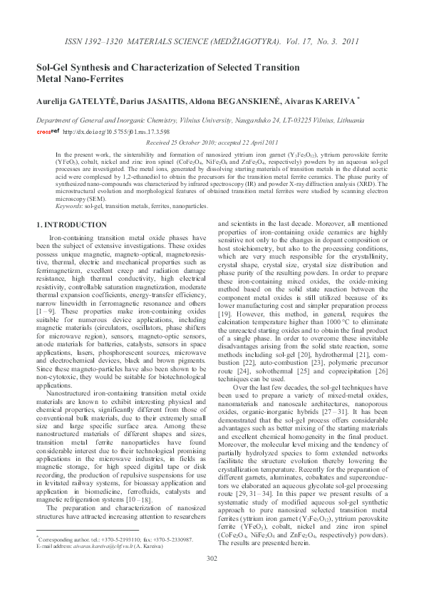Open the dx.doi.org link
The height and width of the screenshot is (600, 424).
(116, 132)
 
